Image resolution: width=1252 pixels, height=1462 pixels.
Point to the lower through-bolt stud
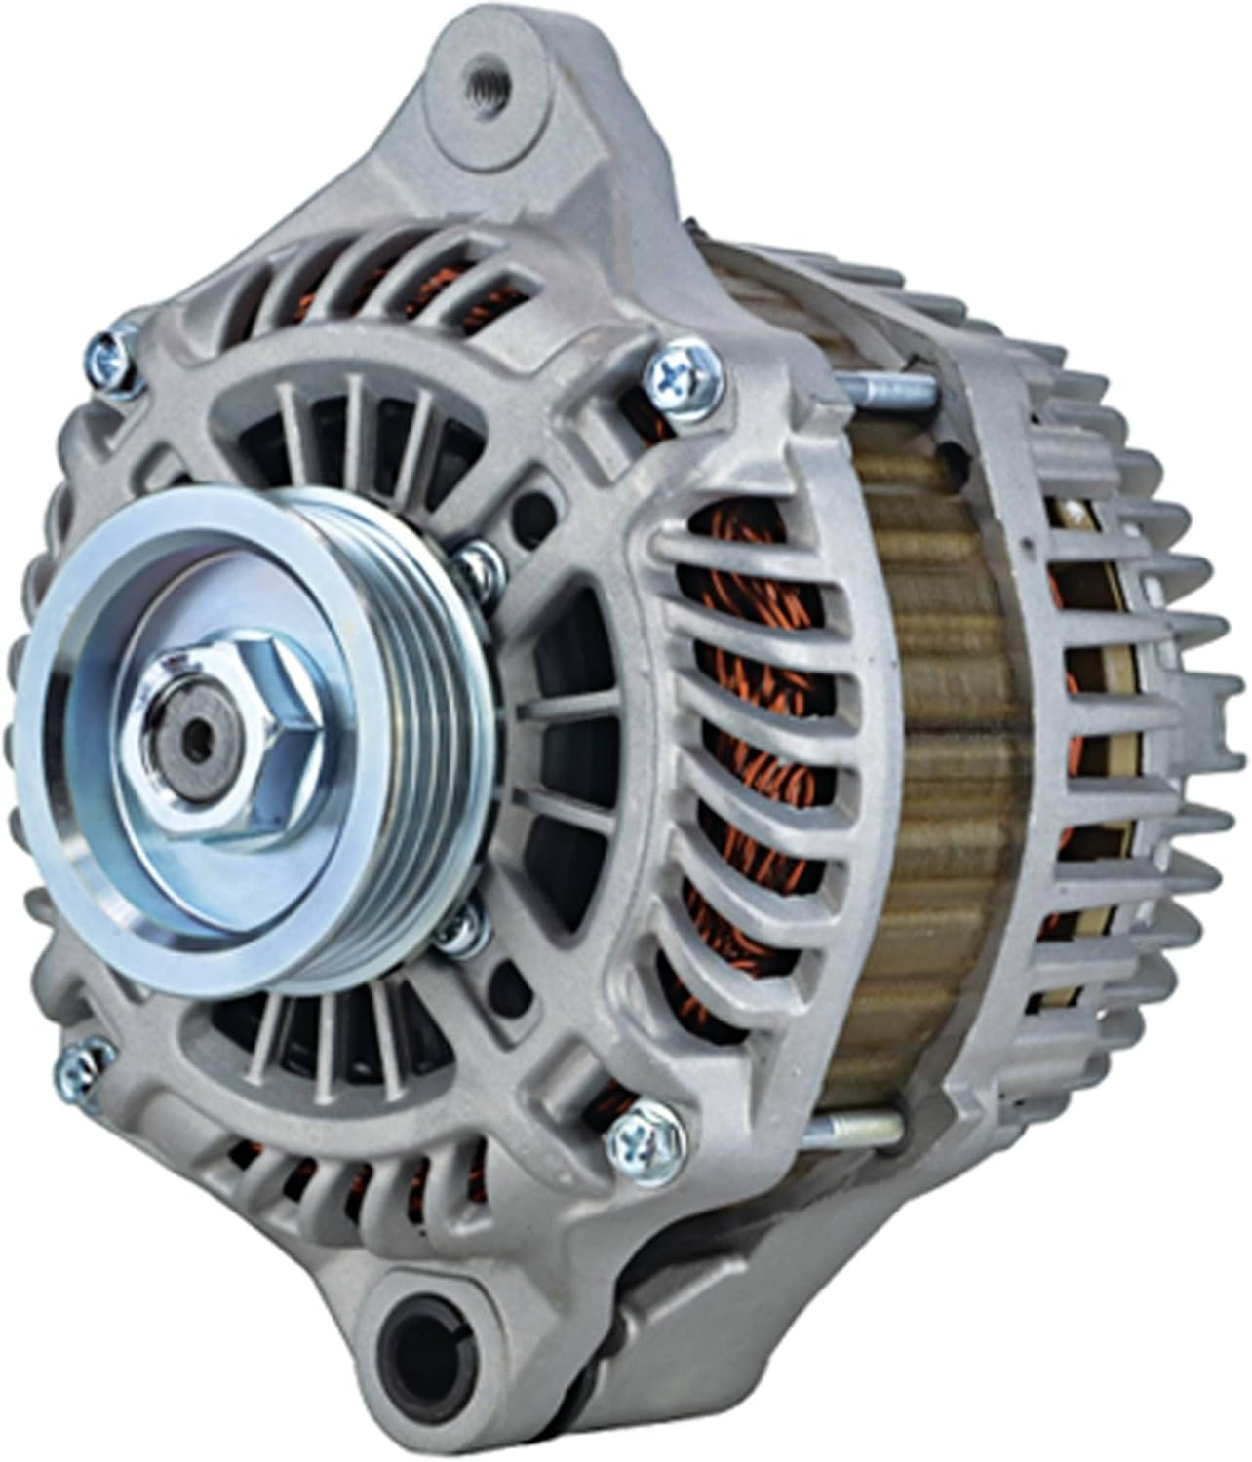(x=863, y=1129)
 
